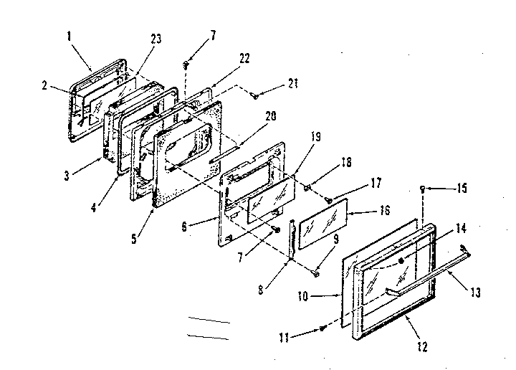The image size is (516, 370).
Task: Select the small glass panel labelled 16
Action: pyautogui.click(x=322, y=223)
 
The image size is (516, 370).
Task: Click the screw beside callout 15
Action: pyautogui.click(x=423, y=189)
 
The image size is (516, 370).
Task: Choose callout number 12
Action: pyautogui.click(x=421, y=347)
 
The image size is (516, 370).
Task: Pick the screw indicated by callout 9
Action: pyautogui.click(x=316, y=272)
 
